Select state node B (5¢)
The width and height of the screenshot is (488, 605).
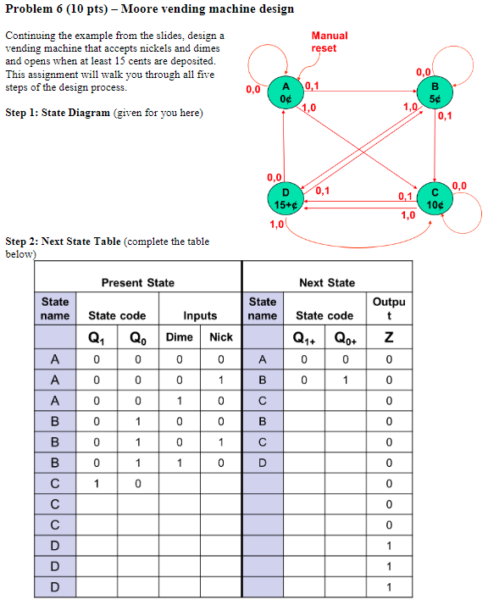(x=435, y=91)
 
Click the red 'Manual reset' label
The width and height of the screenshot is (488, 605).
(x=329, y=42)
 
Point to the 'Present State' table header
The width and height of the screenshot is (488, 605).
(x=137, y=282)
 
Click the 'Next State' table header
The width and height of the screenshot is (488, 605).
(x=327, y=282)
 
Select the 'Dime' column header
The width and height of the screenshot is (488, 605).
(x=179, y=336)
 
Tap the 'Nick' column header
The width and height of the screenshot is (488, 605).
(x=220, y=336)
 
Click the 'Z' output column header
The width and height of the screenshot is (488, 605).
(x=388, y=336)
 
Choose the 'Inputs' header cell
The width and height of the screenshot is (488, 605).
(x=200, y=315)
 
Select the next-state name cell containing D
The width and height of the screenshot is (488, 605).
(x=263, y=463)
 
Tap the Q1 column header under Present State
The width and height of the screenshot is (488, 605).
(x=96, y=336)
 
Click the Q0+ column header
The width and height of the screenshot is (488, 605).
(x=346, y=336)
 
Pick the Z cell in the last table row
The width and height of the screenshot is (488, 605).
(x=388, y=586)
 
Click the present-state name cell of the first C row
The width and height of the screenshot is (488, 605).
(x=54, y=483)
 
